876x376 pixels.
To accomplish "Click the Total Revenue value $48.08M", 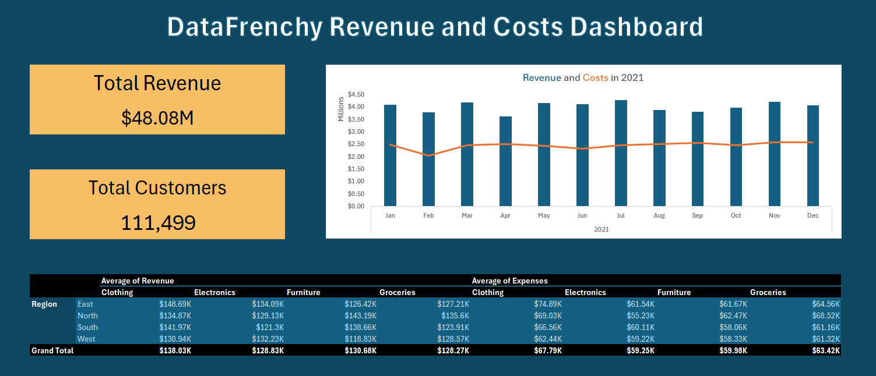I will tap(157, 118).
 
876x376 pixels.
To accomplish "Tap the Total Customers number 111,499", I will tap(157, 222).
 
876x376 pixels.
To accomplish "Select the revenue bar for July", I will tap(621, 153).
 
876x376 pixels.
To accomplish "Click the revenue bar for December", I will tap(813, 155).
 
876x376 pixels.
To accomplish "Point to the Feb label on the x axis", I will tap(428, 216).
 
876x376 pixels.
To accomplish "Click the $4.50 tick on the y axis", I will tap(356, 94).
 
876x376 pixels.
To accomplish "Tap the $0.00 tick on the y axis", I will tap(356, 206).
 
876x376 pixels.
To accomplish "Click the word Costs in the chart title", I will tap(595, 77).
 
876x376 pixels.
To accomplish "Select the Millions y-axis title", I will tap(342, 109).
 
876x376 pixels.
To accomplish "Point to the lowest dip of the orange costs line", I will tap(428, 155).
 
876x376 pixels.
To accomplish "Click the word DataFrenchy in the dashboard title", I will tap(244, 27).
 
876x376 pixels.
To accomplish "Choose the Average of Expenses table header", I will tap(509, 281).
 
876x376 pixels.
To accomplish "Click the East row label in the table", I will tap(85, 304).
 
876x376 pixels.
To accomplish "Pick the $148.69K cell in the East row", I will tap(175, 304).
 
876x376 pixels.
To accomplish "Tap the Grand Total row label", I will tap(52, 350).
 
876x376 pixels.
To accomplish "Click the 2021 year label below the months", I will tap(601, 230).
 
